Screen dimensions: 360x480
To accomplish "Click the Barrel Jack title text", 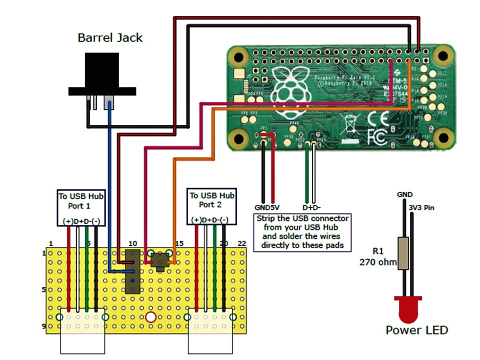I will pyautogui.click(x=110, y=37).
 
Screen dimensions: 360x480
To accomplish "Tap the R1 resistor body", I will pyautogui.click(x=403, y=254).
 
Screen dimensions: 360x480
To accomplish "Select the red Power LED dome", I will pyautogui.click(x=408, y=310).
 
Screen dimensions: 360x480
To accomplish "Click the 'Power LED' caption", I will pyautogui.click(x=416, y=330).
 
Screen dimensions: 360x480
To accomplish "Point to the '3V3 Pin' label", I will pyautogui.click(x=420, y=207).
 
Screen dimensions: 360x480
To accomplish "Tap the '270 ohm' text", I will pyautogui.click(x=377, y=262).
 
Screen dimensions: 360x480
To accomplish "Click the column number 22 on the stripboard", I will pyautogui.click(x=242, y=243).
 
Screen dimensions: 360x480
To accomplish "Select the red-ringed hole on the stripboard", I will pyautogui.click(x=151, y=317).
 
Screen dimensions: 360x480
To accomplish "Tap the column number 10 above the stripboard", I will pyautogui.click(x=132, y=243).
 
